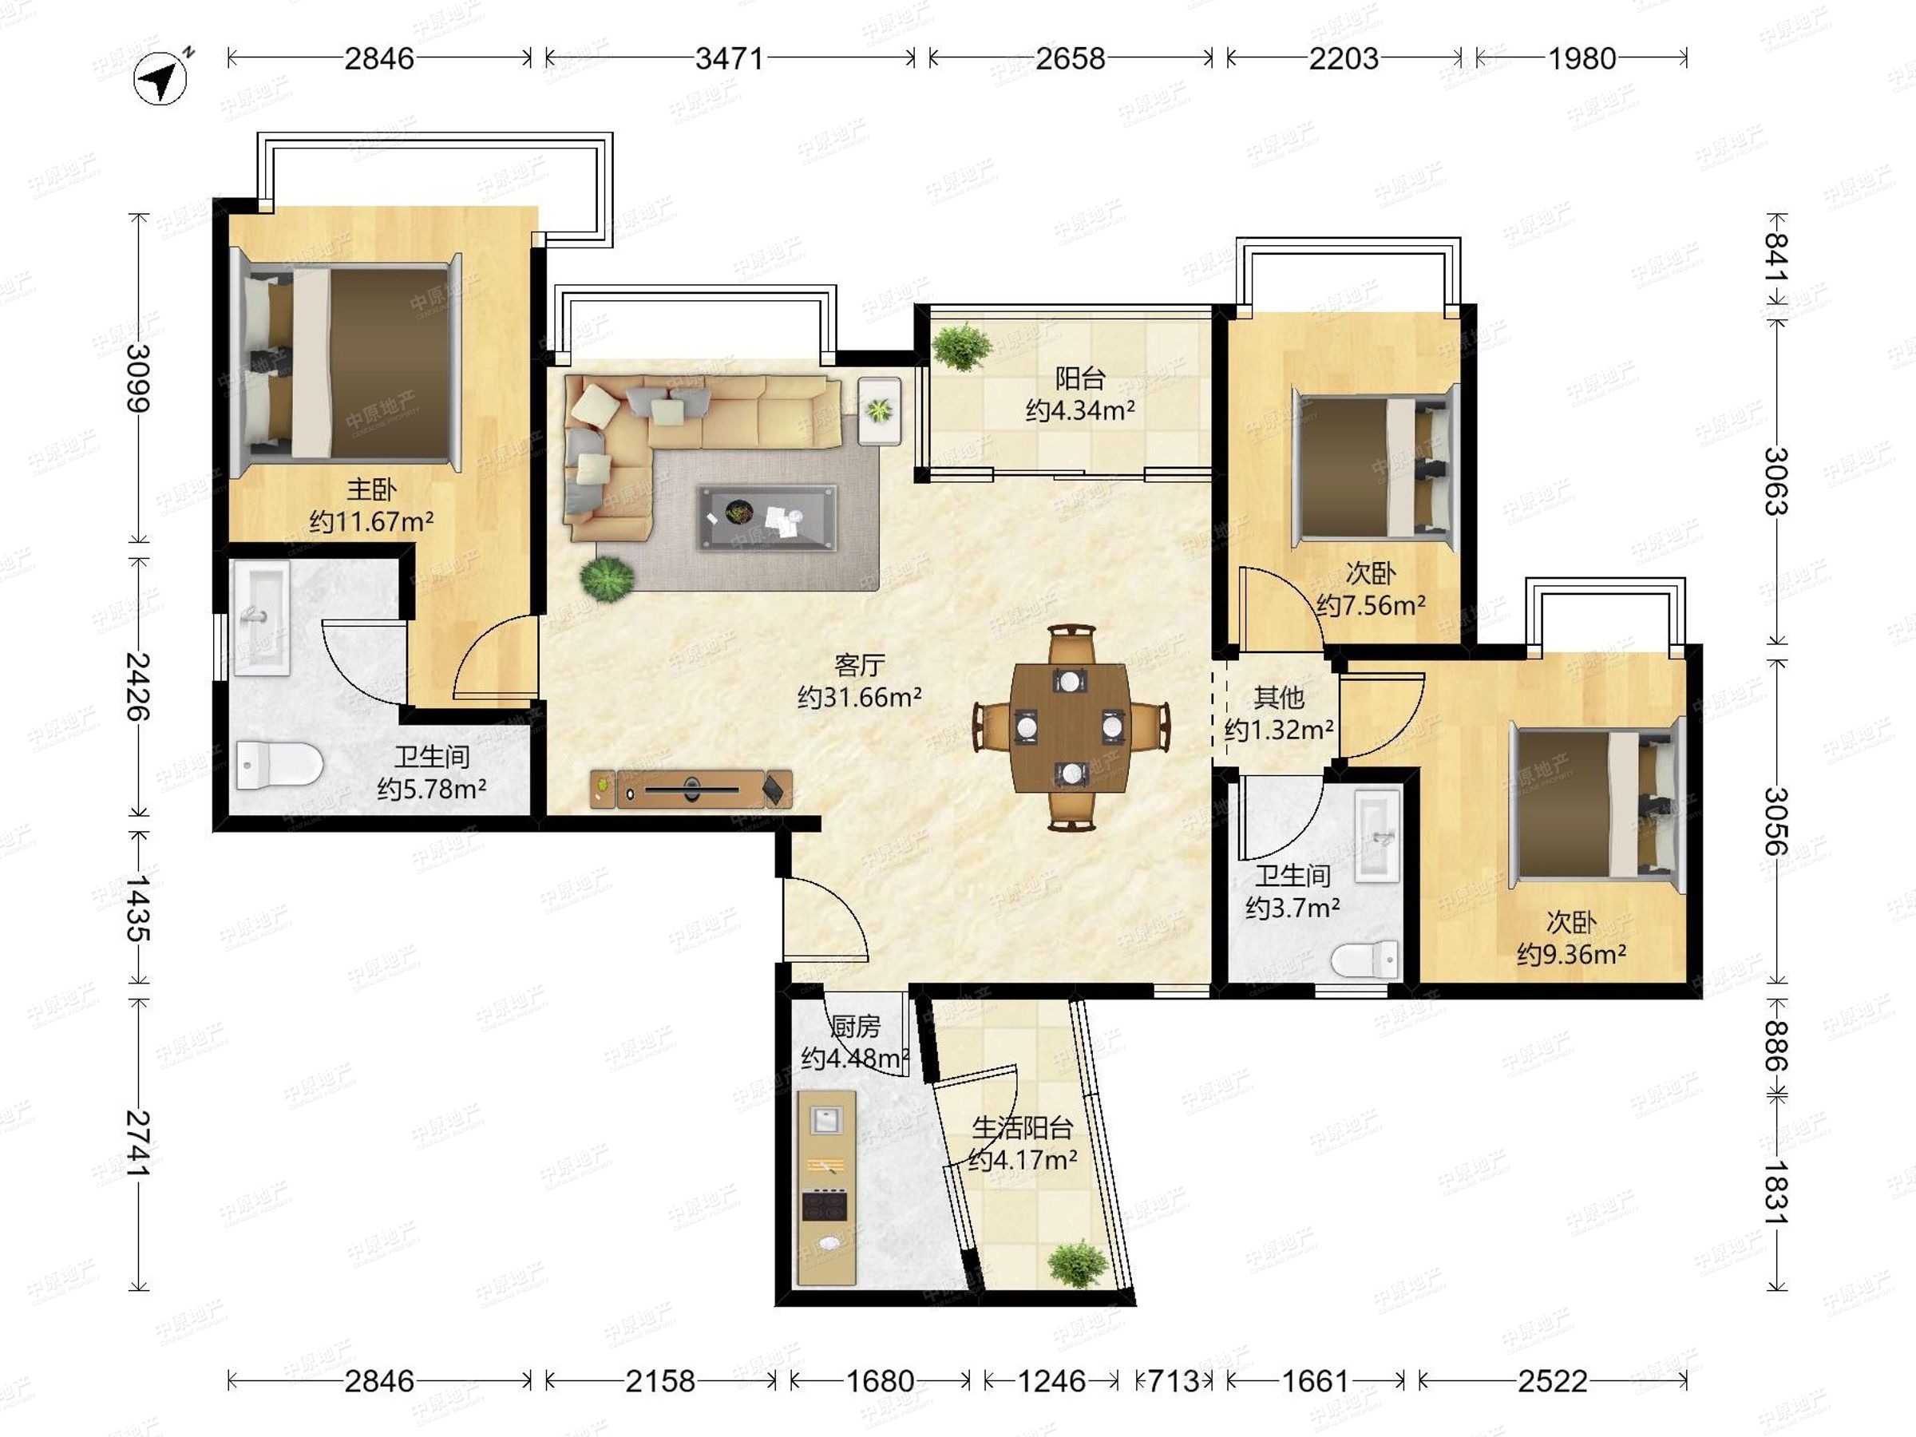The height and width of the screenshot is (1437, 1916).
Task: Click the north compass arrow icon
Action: tap(161, 79)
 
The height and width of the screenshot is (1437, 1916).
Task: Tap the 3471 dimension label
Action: tap(730, 58)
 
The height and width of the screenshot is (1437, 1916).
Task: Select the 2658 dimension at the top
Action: tap(1071, 58)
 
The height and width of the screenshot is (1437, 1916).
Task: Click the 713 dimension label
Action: tap(1174, 1380)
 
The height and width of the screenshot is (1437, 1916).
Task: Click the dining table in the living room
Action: tap(1071, 727)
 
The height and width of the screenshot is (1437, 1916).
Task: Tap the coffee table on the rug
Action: tap(767, 518)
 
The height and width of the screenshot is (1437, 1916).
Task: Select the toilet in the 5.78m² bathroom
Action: tap(279, 764)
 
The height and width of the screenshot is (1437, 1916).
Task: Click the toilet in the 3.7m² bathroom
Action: tap(1365, 960)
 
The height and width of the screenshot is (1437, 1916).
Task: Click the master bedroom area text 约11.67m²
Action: tap(371, 521)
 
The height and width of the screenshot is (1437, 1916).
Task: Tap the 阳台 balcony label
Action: tap(1080, 378)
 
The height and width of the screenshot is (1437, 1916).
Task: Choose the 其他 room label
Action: tap(1278, 697)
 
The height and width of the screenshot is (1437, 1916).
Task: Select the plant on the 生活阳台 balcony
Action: tap(1078, 1264)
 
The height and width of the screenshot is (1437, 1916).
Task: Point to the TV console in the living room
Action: tap(691, 789)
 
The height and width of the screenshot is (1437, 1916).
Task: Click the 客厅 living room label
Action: tap(859, 665)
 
